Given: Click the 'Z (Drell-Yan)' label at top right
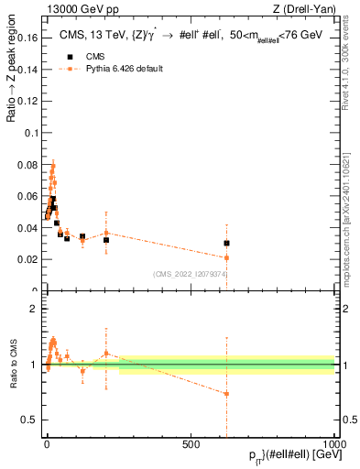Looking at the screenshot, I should pyautogui.click(x=305, y=9).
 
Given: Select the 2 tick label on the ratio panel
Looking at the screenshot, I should pyautogui.click(x=34, y=309).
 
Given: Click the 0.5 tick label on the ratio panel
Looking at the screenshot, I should pyautogui.click(x=30, y=420).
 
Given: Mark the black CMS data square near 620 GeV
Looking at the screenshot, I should pyautogui.click(x=226, y=243).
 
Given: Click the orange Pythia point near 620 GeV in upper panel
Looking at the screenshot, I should pyautogui.click(x=226, y=257).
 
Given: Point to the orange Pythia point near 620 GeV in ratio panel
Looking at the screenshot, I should pyautogui.click(x=226, y=394).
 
